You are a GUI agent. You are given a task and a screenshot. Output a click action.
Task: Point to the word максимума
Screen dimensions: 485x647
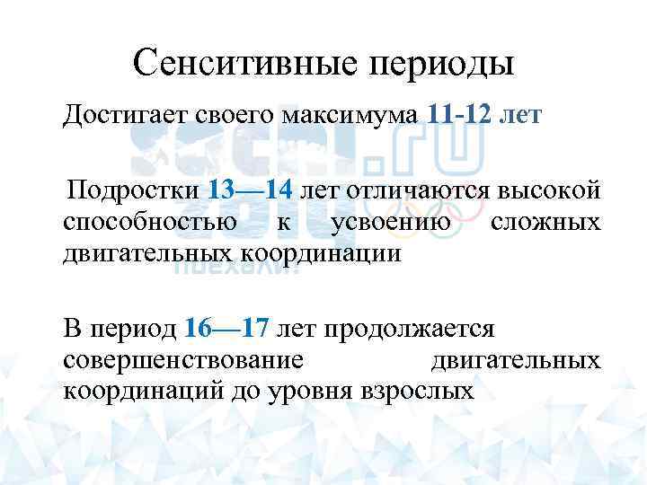350,116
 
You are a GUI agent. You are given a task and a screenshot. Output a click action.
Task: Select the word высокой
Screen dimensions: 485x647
550,190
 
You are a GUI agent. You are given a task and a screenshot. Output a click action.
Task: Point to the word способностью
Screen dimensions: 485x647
150,222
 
